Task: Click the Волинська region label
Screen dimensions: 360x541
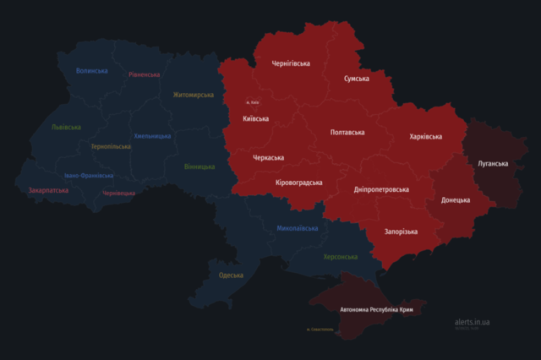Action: click(x=91, y=71)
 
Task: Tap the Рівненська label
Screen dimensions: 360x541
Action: click(x=145, y=74)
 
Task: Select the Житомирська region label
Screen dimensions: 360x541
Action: click(x=194, y=95)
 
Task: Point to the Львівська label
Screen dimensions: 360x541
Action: click(x=66, y=127)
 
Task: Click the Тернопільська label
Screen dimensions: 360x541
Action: click(x=111, y=146)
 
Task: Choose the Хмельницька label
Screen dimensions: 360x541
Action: click(x=152, y=136)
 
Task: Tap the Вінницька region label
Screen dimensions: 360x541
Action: click(x=199, y=166)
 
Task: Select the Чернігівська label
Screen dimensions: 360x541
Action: click(x=291, y=63)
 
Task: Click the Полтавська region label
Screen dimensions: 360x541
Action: click(x=347, y=133)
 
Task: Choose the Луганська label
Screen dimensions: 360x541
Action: click(x=493, y=162)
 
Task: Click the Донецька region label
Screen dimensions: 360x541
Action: click(x=456, y=200)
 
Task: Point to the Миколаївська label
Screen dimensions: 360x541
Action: click(x=298, y=228)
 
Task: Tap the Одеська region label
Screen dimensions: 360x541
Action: click(x=230, y=275)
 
